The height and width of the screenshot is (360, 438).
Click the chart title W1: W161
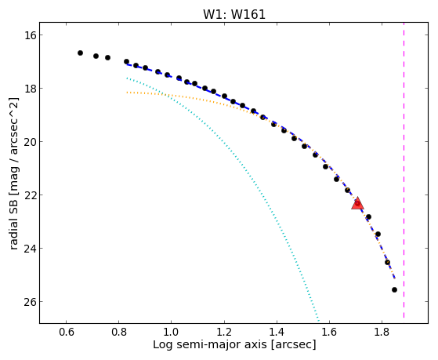(x=234, y=14)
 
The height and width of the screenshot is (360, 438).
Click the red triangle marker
(x=357, y=203)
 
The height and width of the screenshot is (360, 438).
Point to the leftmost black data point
(x=80, y=53)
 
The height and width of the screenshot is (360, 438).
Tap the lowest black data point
(x=394, y=289)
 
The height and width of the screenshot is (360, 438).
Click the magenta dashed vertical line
(x=404, y=170)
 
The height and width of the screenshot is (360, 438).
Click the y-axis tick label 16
(x=28, y=35)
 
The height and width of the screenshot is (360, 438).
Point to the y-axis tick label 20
(x=28, y=141)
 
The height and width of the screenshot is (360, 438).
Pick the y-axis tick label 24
(x=28, y=249)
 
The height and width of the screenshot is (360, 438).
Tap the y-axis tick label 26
(x=28, y=301)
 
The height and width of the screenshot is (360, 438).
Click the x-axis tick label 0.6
(x=66, y=332)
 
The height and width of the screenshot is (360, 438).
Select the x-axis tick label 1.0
(x=172, y=332)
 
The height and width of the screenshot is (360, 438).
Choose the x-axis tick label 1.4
(x=277, y=332)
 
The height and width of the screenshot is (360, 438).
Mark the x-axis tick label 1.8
(x=382, y=332)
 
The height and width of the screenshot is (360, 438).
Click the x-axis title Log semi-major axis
(x=210, y=344)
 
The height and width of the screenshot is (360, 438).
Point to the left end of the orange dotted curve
(x=127, y=93)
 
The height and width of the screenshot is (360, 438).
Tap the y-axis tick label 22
(x=28, y=195)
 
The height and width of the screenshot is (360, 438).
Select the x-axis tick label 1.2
(x=224, y=332)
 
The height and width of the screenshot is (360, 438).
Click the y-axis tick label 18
(x=28, y=89)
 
